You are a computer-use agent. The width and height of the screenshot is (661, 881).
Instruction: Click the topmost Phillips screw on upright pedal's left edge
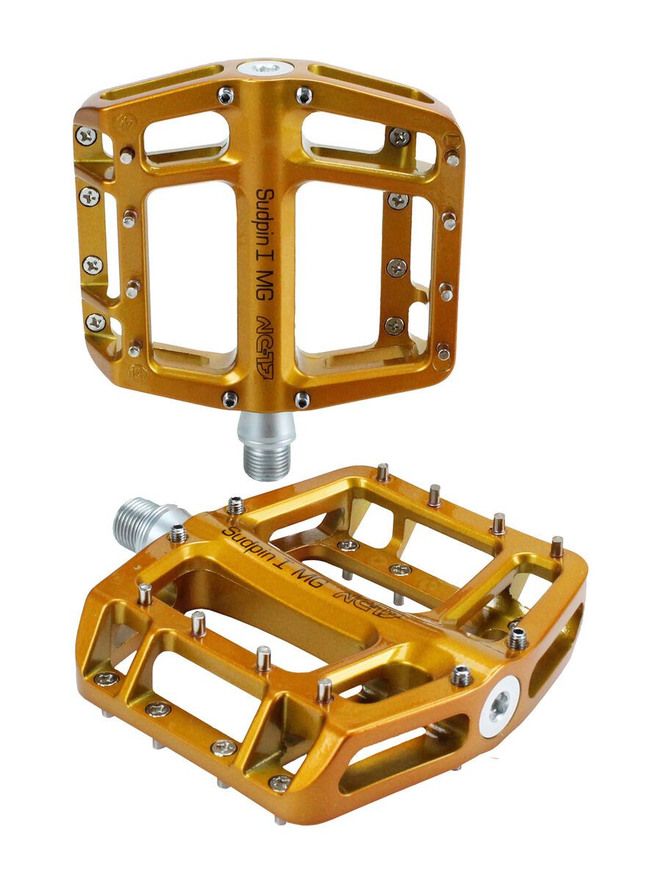click(86, 135)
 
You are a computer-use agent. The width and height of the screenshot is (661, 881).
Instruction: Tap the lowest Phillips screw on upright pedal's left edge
click(95, 322)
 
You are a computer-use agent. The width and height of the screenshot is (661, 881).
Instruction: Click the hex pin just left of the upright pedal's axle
click(230, 399)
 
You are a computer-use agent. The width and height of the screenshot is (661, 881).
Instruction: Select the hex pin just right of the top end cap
click(303, 95)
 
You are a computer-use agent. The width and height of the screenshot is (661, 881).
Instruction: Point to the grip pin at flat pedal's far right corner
click(557, 545)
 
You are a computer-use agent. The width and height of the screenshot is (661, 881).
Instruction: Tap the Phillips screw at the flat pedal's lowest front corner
click(280, 783)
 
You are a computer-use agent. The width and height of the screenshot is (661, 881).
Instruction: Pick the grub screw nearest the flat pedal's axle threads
click(178, 534)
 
